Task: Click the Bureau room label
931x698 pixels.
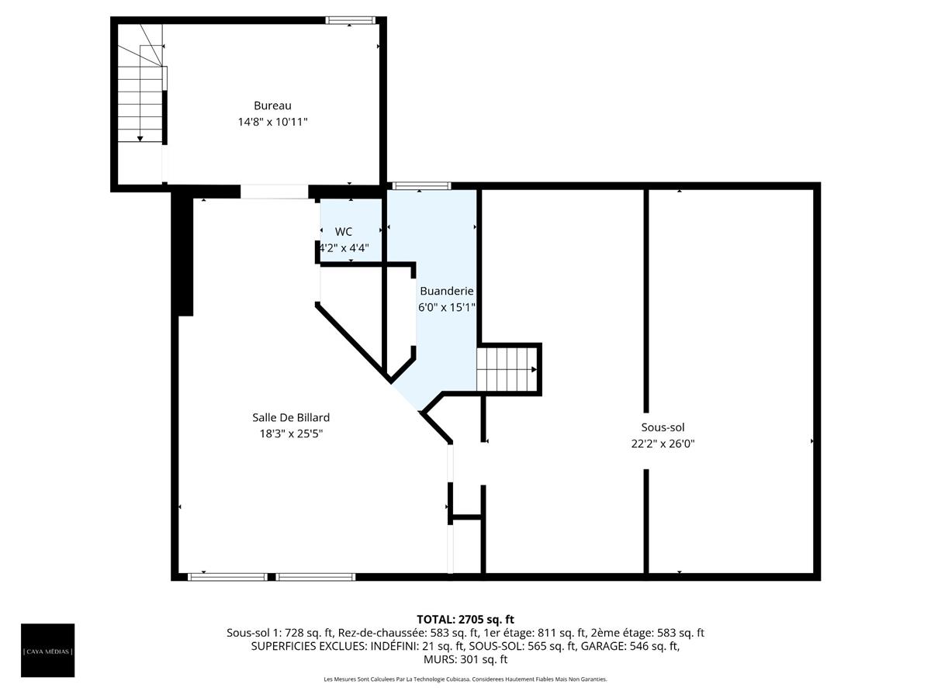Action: [x=272, y=105]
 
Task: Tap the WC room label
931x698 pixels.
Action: [x=344, y=232]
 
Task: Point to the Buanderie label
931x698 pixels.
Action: [x=446, y=291]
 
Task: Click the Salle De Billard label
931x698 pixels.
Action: [x=291, y=417]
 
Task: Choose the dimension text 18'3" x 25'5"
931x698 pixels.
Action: [x=291, y=434]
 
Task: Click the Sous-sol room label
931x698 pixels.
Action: [x=663, y=427]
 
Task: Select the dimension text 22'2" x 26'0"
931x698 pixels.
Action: [x=663, y=444]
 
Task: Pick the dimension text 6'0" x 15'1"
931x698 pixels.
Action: [x=446, y=307]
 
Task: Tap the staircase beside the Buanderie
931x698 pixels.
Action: [x=507, y=369]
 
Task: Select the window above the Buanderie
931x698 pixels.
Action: [x=421, y=186]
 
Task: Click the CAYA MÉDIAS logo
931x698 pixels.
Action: [x=48, y=651]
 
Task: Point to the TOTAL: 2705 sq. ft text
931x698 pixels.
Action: [x=465, y=619]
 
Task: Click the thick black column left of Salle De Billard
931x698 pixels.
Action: [x=183, y=256]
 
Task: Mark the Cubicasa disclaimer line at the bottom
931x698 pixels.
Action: [x=465, y=679]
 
